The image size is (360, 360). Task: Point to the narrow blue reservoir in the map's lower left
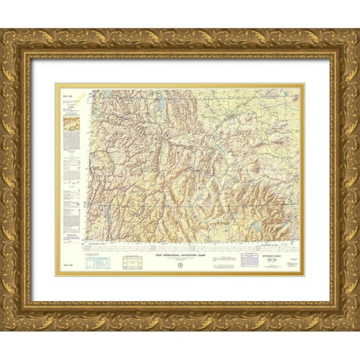click(108, 217)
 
